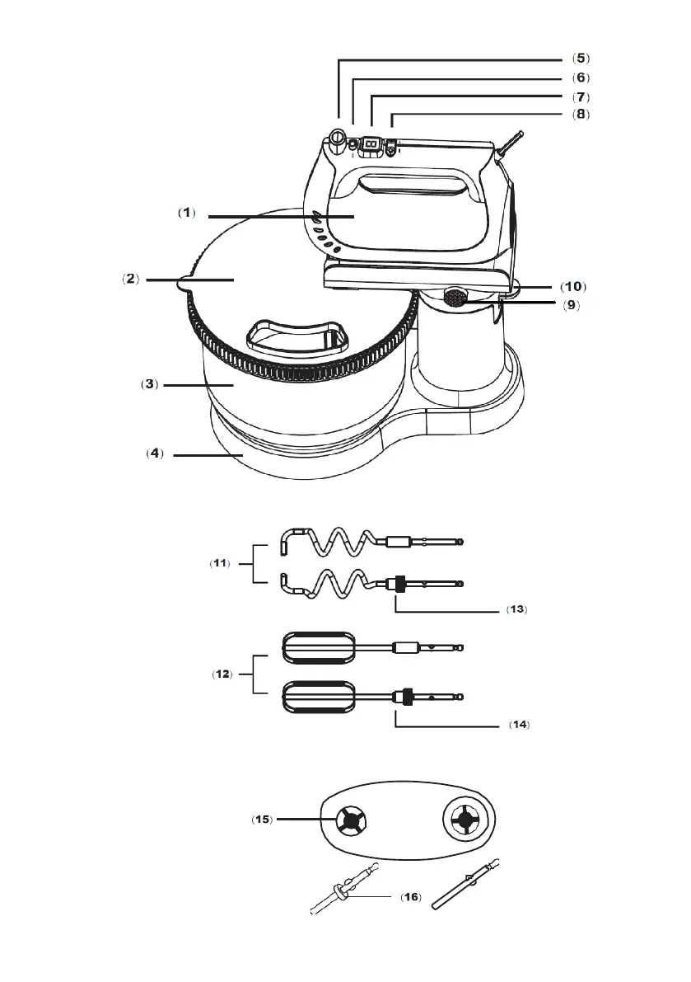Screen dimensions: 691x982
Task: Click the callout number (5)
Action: [x=581, y=59]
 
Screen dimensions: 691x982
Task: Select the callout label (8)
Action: [x=581, y=114]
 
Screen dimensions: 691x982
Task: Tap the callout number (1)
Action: [x=187, y=213]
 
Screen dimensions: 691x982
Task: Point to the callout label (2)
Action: [x=131, y=279]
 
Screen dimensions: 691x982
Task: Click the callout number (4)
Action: [x=155, y=453]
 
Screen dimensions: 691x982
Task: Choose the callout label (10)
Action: [x=572, y=287]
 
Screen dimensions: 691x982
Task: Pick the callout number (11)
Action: [x=220, y=563]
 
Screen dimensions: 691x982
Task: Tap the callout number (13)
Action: [x=516, y=608]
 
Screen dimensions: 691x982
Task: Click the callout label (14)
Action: [x=519, y=725]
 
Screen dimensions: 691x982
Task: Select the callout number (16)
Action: [x=411, y=897]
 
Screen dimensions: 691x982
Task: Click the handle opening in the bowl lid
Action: [x=297, y=335]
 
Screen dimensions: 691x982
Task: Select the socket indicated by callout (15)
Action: [x=350, y=820]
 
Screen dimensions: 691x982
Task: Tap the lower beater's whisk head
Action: [x=319, y=697]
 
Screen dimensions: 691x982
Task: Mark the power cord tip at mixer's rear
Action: [x=520, y=134]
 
